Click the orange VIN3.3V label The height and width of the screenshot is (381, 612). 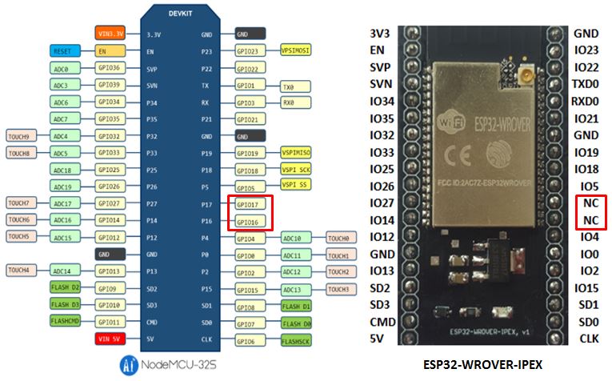pos(110,34)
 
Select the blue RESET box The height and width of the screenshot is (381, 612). pos(63,50)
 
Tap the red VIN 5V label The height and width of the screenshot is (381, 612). pos(110,339)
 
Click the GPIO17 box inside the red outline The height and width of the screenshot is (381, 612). pos(249,204)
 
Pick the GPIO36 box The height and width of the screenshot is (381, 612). pos(110,68)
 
